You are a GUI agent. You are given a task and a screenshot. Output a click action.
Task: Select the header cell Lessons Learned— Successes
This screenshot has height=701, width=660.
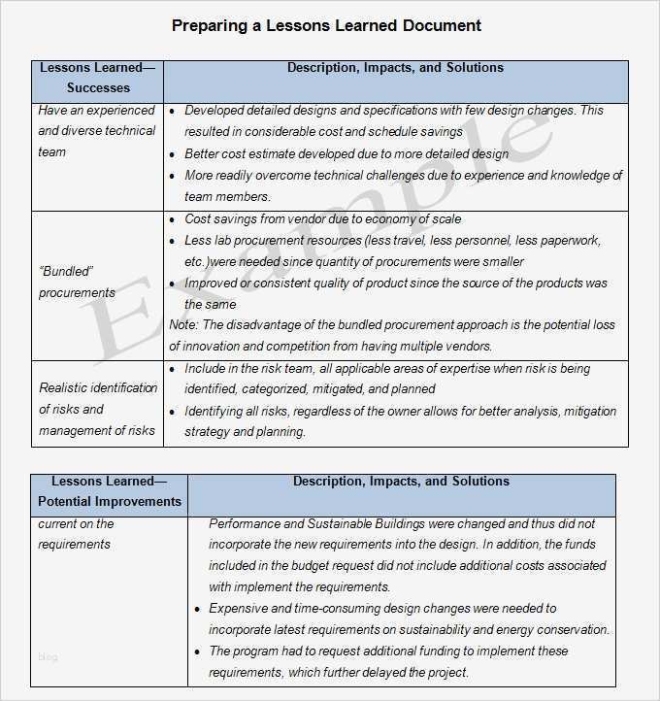pyautogui.click(x=97, y=78)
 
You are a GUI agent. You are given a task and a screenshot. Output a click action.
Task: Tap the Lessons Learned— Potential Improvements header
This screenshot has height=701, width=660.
pyautogui.click(x=109, y=491)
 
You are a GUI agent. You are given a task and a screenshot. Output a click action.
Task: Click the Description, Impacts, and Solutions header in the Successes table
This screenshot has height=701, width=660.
pyautogui.click(x=395, y=68)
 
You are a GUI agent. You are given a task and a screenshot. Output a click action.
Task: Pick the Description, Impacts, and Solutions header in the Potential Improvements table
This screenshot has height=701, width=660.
pyautogui.click(x=401, y=482)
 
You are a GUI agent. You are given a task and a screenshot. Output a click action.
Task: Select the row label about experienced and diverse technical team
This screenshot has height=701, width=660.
pyautogui.click(x=96, y=131)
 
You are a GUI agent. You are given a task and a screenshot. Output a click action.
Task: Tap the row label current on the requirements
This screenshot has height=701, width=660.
pyautogui.click(x=76, y=534)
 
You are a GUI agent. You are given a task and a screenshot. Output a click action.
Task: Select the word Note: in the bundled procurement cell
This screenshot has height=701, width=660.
pyautogui.click(x=183, y=325)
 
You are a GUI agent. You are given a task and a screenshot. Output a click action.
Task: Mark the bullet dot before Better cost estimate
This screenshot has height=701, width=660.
pyautogui.click(x=173, y=154)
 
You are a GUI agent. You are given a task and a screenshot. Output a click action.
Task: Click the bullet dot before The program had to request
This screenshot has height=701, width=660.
pyautogui.click(x=197, y=652)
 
